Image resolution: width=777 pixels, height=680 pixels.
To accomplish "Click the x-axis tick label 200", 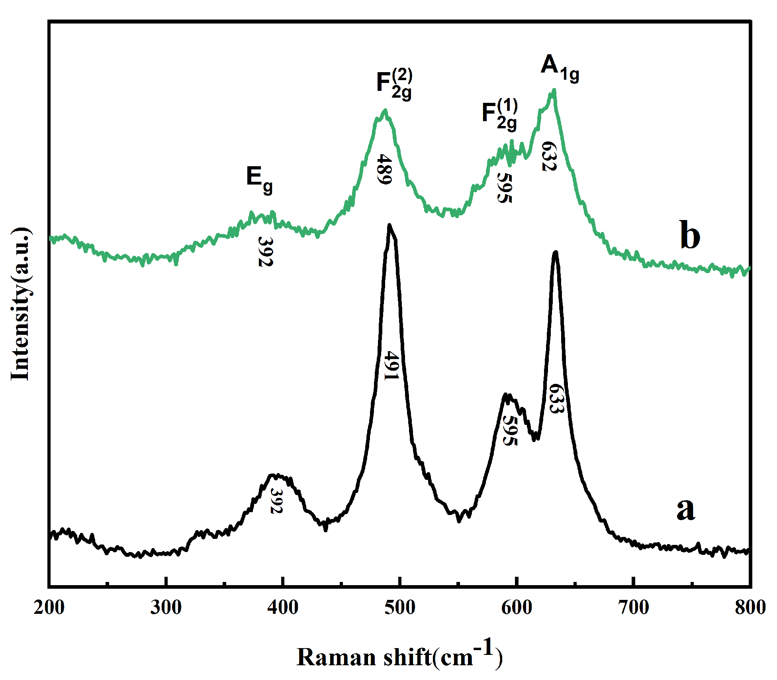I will (49, 608).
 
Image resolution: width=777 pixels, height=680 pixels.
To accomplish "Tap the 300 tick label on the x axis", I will (166, 608).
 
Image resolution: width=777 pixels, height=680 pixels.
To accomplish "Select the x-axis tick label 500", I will (399, 608).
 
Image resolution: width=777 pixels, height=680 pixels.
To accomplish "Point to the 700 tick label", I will (633, 608).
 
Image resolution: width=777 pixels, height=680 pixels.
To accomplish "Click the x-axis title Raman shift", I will (399, 657).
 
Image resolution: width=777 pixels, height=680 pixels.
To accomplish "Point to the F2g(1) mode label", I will (499, 115).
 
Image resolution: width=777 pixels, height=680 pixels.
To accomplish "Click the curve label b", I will (689, 236).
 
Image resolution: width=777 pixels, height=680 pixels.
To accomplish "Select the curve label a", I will (685, 509).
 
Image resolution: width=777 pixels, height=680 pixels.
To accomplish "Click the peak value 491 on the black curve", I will (391, 366).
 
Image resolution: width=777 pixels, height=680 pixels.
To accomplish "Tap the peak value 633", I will (556, 399).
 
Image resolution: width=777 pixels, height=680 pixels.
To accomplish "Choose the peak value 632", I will (549, 156).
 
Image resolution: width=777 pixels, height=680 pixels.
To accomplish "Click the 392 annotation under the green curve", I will (266, 251).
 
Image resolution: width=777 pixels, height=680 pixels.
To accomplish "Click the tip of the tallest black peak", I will (389, 225).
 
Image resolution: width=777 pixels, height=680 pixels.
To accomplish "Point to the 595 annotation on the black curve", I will (510, 430).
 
